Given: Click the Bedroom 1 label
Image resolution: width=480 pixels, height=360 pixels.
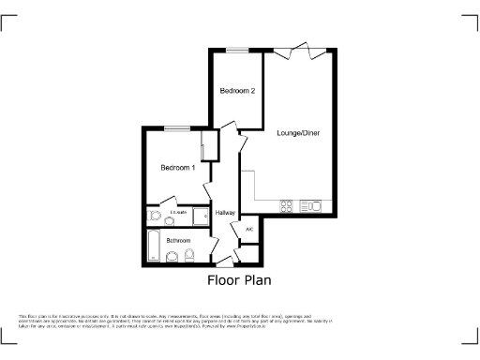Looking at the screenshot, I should coord(178,168).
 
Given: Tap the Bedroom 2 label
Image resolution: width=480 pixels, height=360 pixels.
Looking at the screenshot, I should coord(237,91).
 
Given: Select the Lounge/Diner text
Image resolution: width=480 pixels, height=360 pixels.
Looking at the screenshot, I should coord(298,133).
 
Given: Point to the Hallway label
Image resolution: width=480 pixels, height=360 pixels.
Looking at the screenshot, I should coord(225,214).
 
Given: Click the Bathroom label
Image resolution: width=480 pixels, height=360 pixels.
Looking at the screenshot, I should coord(178,240).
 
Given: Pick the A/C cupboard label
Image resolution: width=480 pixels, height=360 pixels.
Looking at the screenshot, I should coord(249,230).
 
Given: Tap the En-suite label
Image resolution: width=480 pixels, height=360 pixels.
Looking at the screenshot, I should coord(177,213).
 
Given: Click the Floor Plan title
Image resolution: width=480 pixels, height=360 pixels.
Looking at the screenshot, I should coord(239,279).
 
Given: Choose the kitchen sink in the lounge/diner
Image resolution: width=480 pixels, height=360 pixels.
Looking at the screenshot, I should coord(314,206).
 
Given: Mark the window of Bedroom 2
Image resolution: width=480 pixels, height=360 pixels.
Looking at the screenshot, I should coord(236,50).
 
